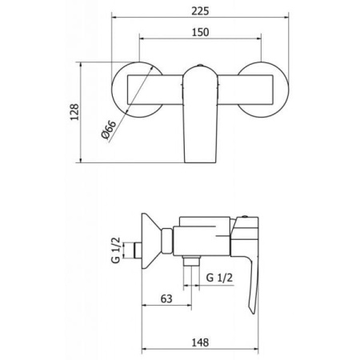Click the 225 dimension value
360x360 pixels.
(200, 11)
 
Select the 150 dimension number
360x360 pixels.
(200, 32)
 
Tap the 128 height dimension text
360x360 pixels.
(74, 112)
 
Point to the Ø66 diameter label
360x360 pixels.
(109, 130)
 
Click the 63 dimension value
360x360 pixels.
(166, 298)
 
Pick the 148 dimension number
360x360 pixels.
(200, 342)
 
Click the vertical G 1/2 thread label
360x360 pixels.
(116, 250)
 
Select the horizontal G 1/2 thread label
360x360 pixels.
(219, 278)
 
